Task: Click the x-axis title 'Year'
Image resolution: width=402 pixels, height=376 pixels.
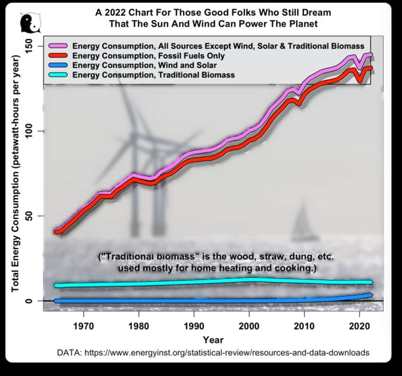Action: (212, 339)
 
